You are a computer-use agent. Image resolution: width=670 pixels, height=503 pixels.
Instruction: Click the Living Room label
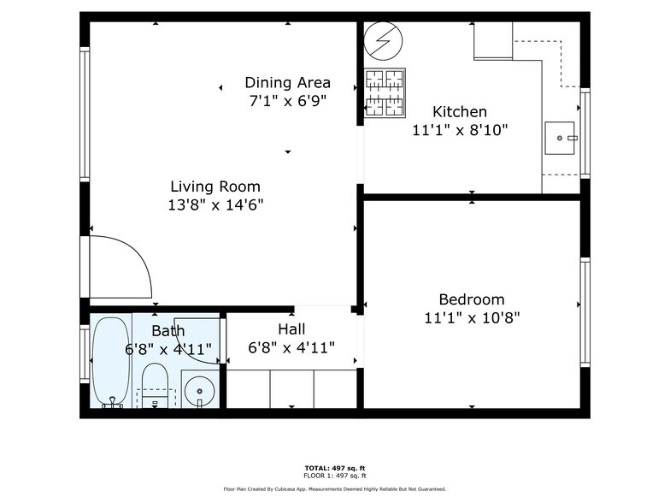(x=215, y=186)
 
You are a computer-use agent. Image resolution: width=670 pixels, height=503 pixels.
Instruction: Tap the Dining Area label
(x=288, y=83)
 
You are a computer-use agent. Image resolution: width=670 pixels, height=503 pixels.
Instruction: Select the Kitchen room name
(x=460, y=111)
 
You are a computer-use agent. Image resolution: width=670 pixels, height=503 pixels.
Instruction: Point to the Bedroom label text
(x=471, y=299)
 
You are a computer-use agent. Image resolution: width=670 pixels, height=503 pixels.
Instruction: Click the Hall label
(x=291, y=328)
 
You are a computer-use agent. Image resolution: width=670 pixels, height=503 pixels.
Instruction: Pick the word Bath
(x=167, y=331)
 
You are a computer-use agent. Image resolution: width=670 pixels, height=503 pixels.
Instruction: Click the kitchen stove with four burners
(x=385, y=92)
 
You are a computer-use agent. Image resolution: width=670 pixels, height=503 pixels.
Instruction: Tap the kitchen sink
(x=561, y=137)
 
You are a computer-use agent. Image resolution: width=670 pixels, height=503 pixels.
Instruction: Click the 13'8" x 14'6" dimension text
(x=215, y=205)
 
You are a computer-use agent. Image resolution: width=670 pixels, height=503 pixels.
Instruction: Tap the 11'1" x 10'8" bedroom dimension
(x=471, y=317)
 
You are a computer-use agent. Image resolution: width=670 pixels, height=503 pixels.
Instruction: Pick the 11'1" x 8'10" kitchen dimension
(x=460, y=130)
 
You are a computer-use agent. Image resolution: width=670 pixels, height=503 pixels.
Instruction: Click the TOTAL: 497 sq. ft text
(x=334, y=468)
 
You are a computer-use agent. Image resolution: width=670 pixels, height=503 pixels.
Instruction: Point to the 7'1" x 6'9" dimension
(x=288, y=101)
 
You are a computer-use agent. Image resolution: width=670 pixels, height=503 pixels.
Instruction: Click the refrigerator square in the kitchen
(x=493, y=40)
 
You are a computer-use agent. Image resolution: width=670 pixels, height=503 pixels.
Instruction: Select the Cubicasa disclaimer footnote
(x=334, y=489)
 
